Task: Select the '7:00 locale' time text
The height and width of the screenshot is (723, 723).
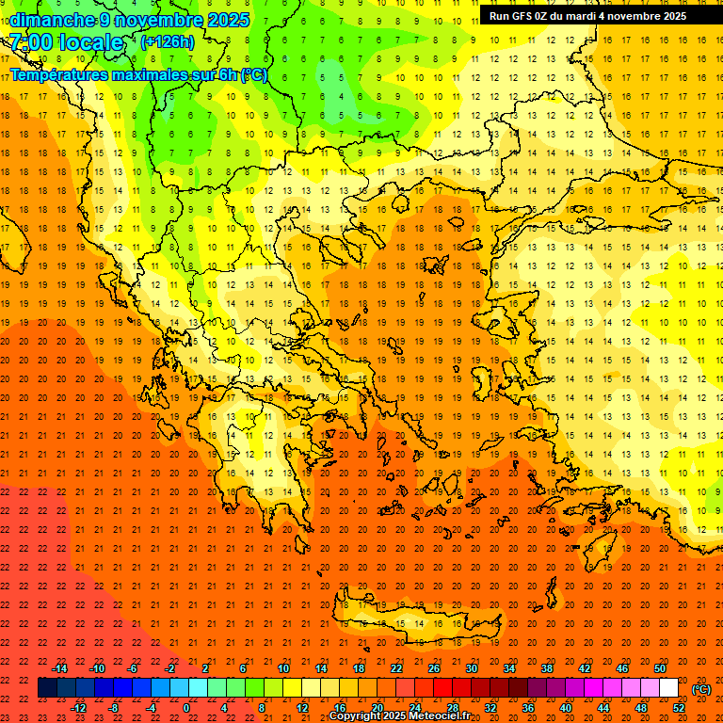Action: tap(66, 42)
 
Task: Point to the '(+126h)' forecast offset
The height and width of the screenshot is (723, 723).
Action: tap(167, 41)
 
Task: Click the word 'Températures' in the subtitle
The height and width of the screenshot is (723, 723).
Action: tap(57, 74)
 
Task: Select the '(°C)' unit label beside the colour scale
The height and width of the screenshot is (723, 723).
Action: tap(701, 689)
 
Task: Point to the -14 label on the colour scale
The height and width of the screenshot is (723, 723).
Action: tap(59, 668)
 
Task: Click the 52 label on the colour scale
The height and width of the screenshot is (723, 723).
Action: tap(679, 708)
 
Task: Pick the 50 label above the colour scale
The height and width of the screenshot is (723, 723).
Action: tap(660, 668)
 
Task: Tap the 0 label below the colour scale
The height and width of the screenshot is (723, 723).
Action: tap(186, 708)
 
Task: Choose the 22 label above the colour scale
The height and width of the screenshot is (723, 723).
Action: tap(396, 668)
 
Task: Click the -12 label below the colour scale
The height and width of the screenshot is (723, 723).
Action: tap(78, 708)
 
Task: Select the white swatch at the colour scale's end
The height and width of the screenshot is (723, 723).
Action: tap(668, 688)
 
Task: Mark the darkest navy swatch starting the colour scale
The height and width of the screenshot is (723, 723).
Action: tap(47, 688)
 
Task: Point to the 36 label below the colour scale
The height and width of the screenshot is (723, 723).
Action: tap(527, 708)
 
